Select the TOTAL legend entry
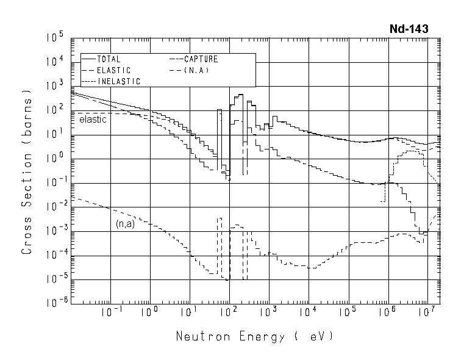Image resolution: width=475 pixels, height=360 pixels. click(x=109, y=60)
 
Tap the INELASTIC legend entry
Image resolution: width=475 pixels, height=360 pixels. click(x=119, y=81)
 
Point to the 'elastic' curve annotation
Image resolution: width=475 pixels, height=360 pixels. click(x=93, y=120)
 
